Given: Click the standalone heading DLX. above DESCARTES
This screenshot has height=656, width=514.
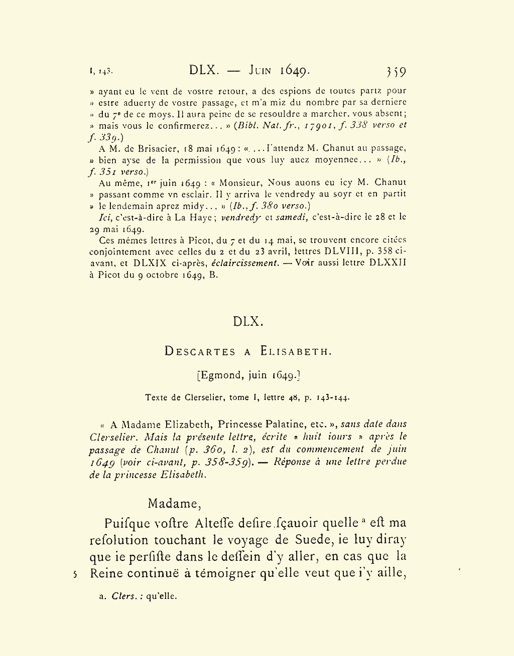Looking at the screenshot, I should [x=248, y=321].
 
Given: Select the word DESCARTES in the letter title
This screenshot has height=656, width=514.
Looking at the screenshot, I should [x=200, y=351].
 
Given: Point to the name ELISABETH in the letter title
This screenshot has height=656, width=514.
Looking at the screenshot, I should [x=296, y=351].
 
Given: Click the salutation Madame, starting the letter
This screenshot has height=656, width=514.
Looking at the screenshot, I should [x=174, y=503].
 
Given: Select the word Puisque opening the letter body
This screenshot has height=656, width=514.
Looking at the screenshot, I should [x=127, y=524].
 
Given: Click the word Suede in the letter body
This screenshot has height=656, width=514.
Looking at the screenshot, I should [x=313, y=540].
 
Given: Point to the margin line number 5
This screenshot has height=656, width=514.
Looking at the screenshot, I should [x=75, y=574].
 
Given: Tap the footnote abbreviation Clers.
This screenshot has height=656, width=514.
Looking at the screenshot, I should [x=123, y=596].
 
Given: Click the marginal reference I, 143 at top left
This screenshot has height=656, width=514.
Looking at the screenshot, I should [x=98, y=72].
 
